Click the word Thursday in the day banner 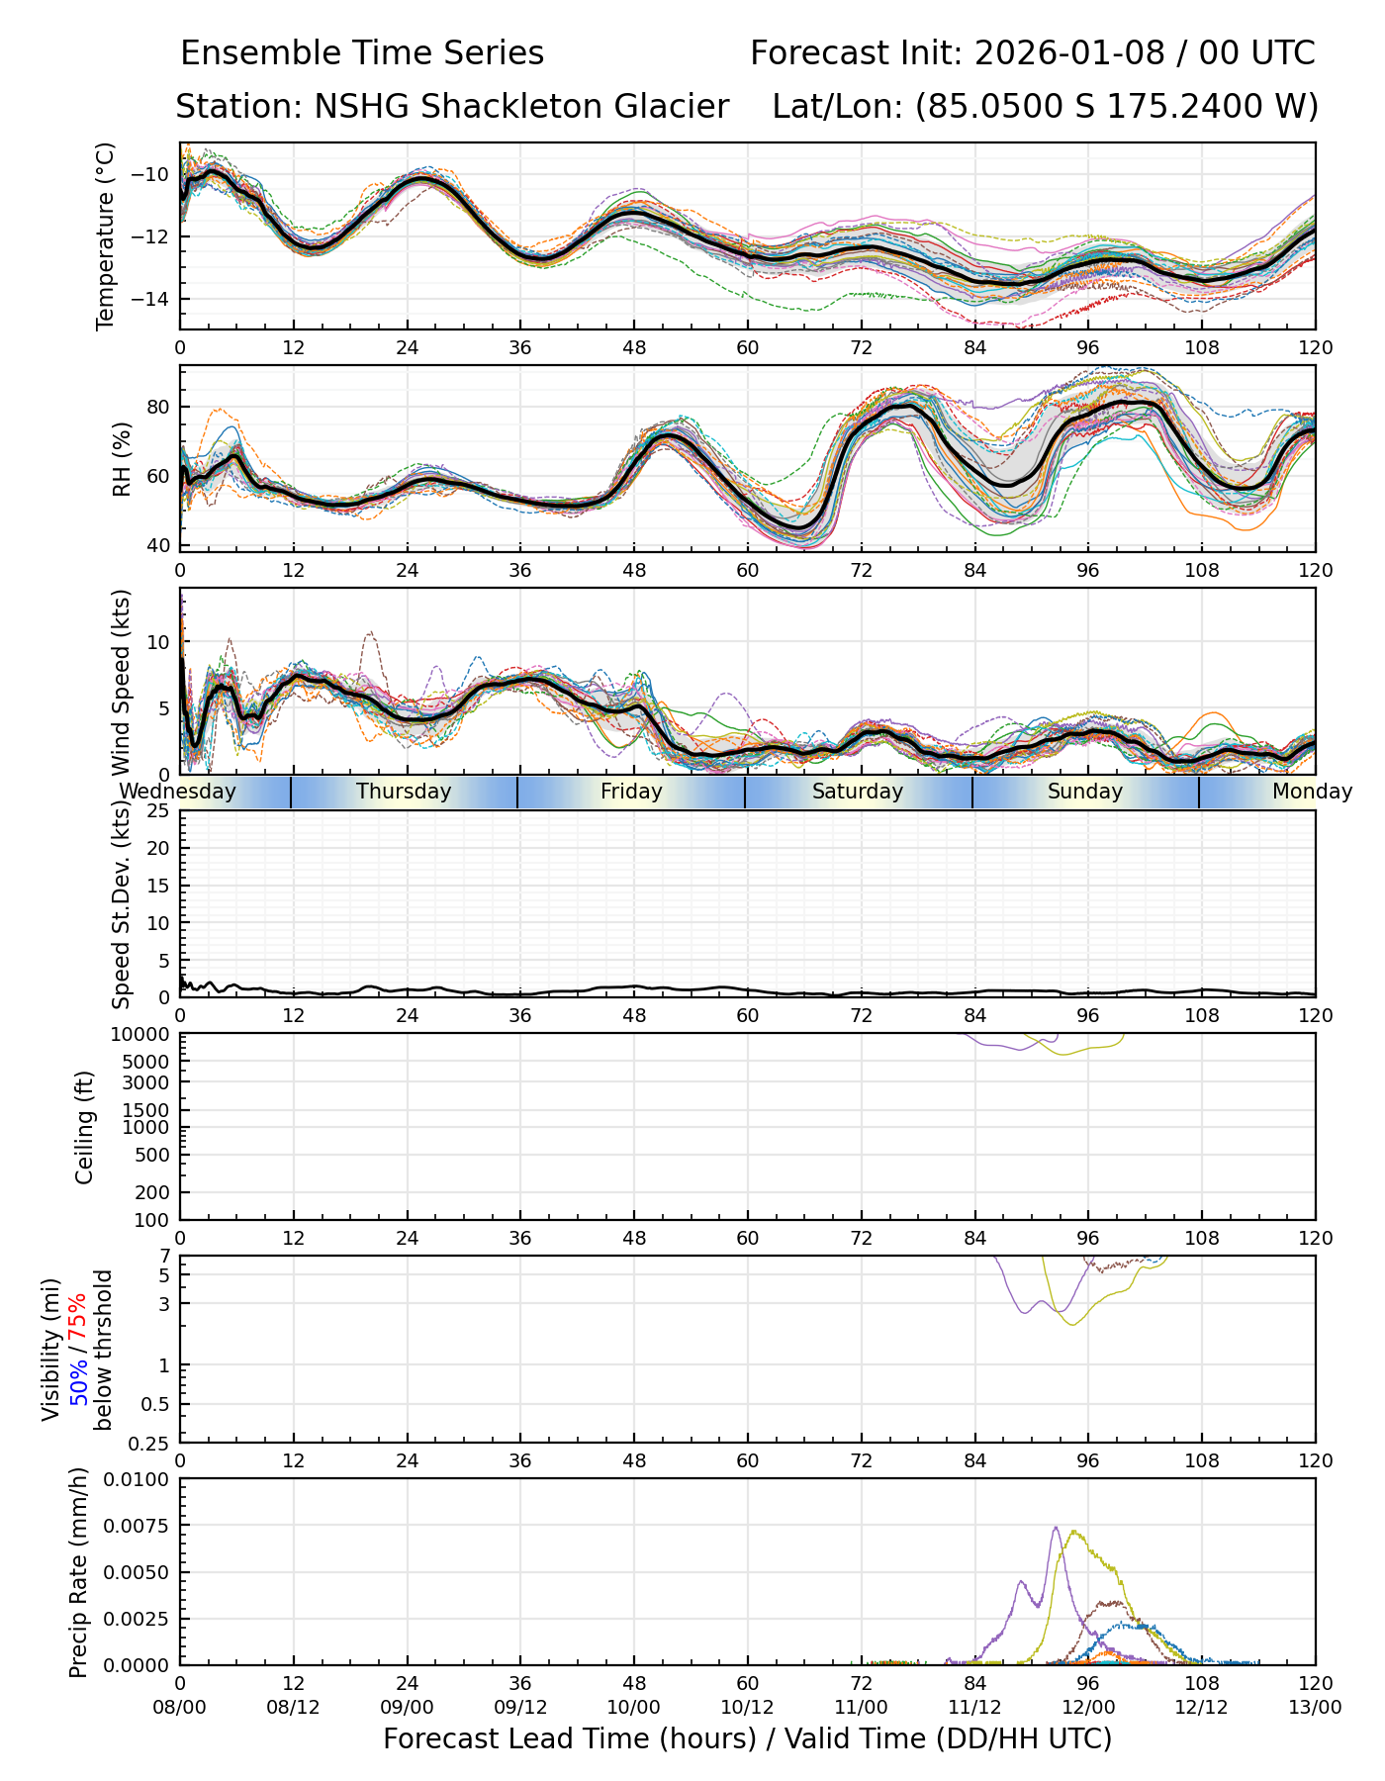(x=404, y=792)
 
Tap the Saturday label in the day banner (x=858, y=792)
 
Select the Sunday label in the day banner (x=1085, y=792)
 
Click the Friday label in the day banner (x=631, y=792)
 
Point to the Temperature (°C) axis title (x=106, y=235)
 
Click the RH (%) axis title (x=122, y=459)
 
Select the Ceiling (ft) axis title (x=85, y=1127)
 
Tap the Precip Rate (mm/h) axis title (x=79, y=1572)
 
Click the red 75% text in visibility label (x=78, y=1316)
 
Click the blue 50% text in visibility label (x=78, y=1379)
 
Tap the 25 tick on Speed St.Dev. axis (x=158, y=811)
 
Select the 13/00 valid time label (x=1315, y=1708)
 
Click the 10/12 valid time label (x=747, y=1708)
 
